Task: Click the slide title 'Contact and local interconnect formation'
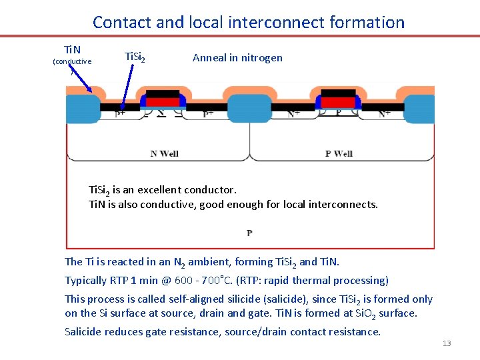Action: [x=249, y=22]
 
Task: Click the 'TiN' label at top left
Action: [x=72, y=50]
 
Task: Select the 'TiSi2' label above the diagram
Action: [x=137, y=57]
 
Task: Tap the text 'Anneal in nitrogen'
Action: [x=237, y=57]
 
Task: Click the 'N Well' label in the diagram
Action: [x=164, y=153]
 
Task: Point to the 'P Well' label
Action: [x=339, y=153]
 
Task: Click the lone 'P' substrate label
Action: [x=249, y=233]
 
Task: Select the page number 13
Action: [x=447, y=343]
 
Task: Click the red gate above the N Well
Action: [x=162, y=101]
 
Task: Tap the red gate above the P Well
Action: [x=338, y=101]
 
